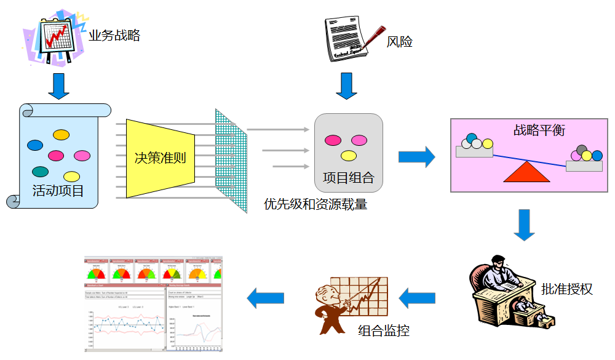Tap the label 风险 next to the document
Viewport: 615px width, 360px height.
pyautogui.click(x=399, y=42)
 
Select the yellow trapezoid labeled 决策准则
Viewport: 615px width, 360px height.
pyautogui.click(x=160, y=158)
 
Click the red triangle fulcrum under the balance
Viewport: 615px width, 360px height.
pyautogui.click(x=526, y=172)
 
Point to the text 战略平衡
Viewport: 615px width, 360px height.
pyautogui.click(x=539, y=130)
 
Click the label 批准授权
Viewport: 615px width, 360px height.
pyautogui.click(x=566, y=289)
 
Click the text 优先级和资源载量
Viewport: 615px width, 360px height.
pyautogui.click(x=315, y=204)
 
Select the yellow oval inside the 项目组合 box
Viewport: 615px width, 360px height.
pyautogui.click(x=349, y=156)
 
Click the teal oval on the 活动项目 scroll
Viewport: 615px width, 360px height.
pyautogui.click(x=41, y=172)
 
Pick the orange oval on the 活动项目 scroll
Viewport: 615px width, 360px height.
pyautogui.click(x=61, y=134)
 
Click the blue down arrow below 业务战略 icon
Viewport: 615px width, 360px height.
pyautogui.click(x=59, y=86)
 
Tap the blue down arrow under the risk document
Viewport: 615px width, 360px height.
pyautogui.click(x=346, y=86)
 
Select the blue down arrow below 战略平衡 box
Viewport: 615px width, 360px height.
pyautogui.click(x=524, y=225)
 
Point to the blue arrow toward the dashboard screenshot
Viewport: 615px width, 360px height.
pyautogui.click(x=265, y=298)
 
